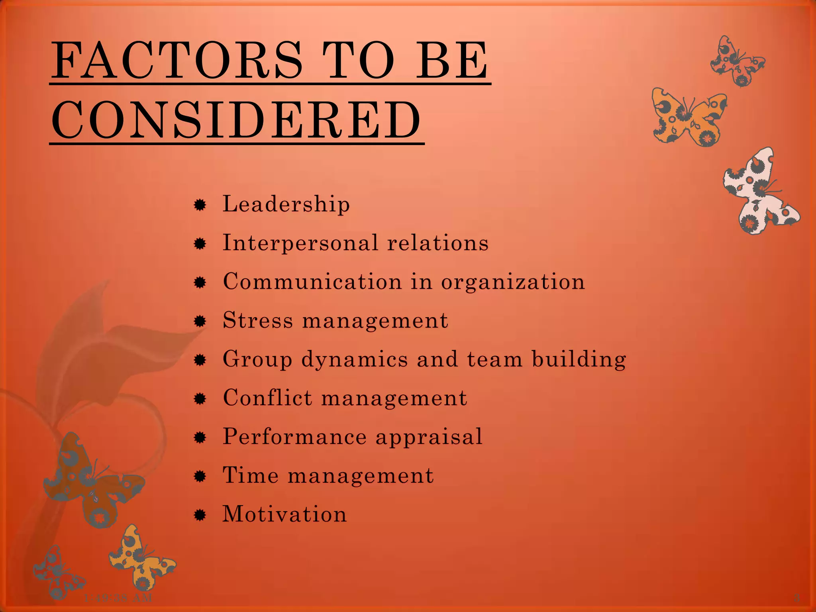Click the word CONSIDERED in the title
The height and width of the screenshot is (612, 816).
[236, 120]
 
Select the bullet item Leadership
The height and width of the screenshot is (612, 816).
[286, 204]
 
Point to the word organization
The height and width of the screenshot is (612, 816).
[513, 282]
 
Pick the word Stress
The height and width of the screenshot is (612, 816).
[258, 320]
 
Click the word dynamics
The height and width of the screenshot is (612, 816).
[355, 359]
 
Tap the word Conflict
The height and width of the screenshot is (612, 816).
[267, 398]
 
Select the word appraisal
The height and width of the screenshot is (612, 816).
[429, 437]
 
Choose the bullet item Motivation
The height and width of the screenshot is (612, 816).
[284, 514]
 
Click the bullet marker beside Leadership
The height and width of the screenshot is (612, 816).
[200, 206]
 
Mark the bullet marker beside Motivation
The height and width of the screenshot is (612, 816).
[200, 516]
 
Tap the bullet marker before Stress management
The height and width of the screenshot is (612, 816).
[200, 322]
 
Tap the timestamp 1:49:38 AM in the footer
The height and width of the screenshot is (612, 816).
[118, 598]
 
